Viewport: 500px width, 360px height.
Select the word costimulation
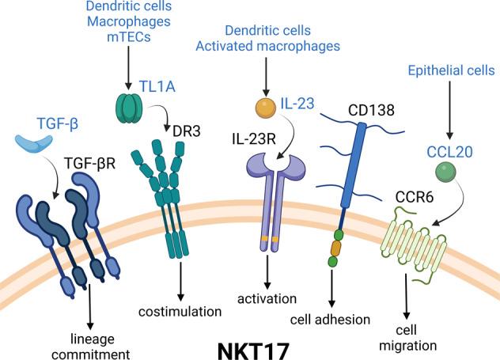(x=181, y=312)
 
